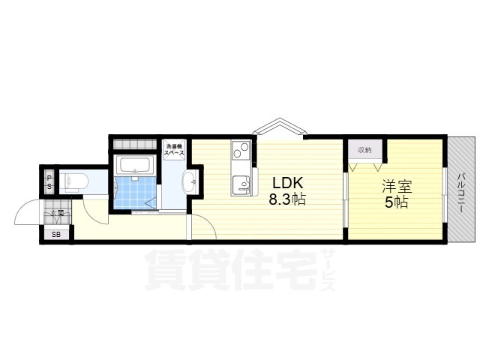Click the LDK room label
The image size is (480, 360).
[x=286, y=183]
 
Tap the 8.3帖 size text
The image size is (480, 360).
[x=288, y=200]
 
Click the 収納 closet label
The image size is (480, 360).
[x=364, y=151]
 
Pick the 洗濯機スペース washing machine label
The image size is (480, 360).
[x=175, y=148]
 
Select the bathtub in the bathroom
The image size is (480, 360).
[x=136, y=166]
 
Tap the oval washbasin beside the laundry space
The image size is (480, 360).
[x=188, y=180]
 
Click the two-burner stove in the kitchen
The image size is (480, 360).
[x=241, y=151]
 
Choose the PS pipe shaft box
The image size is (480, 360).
[x=49, y=181]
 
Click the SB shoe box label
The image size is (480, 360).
[x=56, y=235]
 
